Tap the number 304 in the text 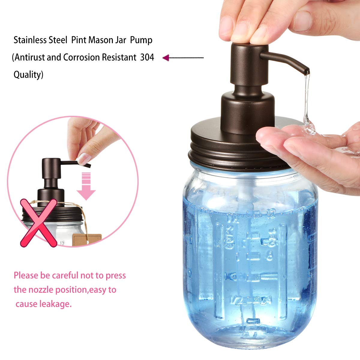point(147,57)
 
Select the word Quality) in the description point(28,75)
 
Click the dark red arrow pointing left point(167,58)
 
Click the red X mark point(38,223)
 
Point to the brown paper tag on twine point(87,239)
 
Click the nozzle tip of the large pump point(306,71)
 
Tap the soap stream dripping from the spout point(306,99)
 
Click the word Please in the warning point(26,275)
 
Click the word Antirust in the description point(29,57)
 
